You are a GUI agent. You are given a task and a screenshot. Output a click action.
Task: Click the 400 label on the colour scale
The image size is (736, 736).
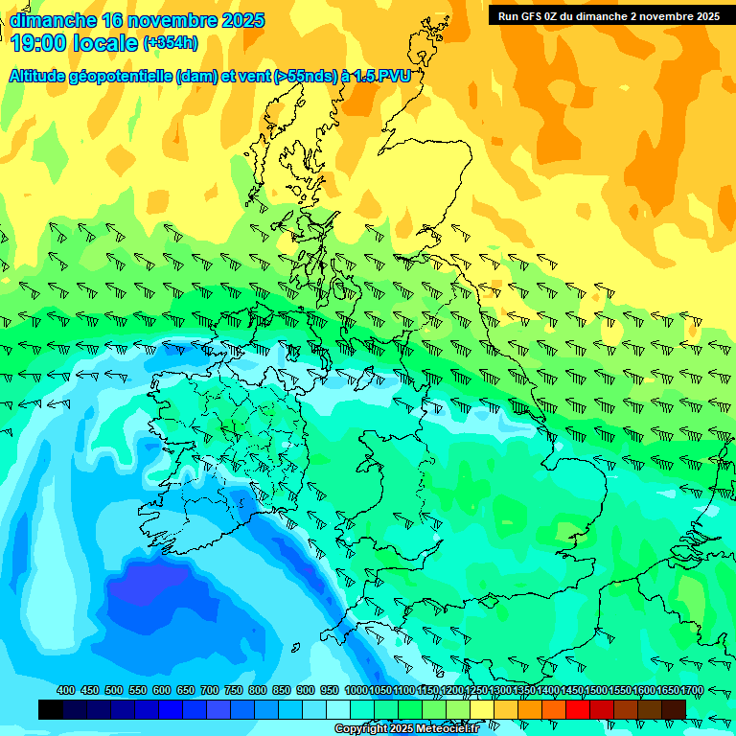click(x=66, y=690)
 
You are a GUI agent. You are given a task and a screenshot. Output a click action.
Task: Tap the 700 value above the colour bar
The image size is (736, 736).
click(x=209, y=690)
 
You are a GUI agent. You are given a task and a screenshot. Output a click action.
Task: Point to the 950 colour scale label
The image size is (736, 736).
click(x=329, y=690)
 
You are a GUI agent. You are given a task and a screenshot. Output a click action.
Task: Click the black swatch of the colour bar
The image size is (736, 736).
click(x=51, y=709)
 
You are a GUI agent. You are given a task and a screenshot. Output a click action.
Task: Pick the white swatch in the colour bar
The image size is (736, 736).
click(x=338, y=709)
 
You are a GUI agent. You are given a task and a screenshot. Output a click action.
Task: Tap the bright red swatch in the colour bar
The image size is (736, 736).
click(x=578, y=709)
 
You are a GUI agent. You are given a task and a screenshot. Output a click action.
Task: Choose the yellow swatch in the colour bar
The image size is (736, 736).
click(x=482, y=709)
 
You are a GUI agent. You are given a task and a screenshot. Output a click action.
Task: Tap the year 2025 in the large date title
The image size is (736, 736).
click(x=242, y=20)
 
